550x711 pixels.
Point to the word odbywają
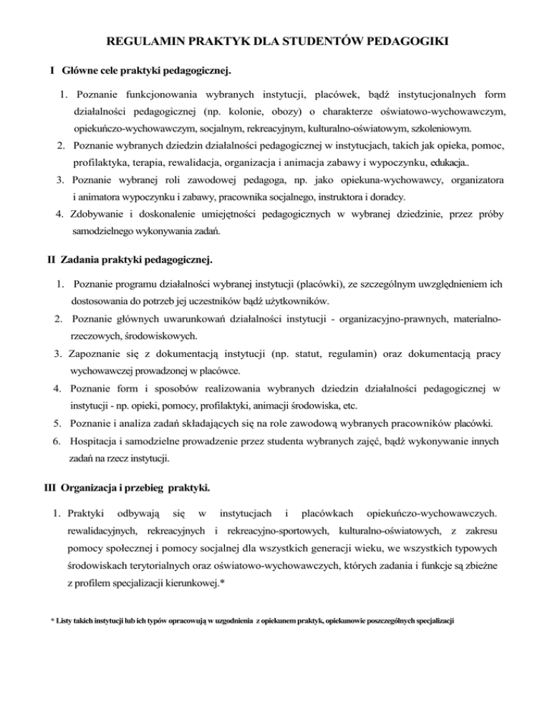pyautogui.click(x=137, y=513)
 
